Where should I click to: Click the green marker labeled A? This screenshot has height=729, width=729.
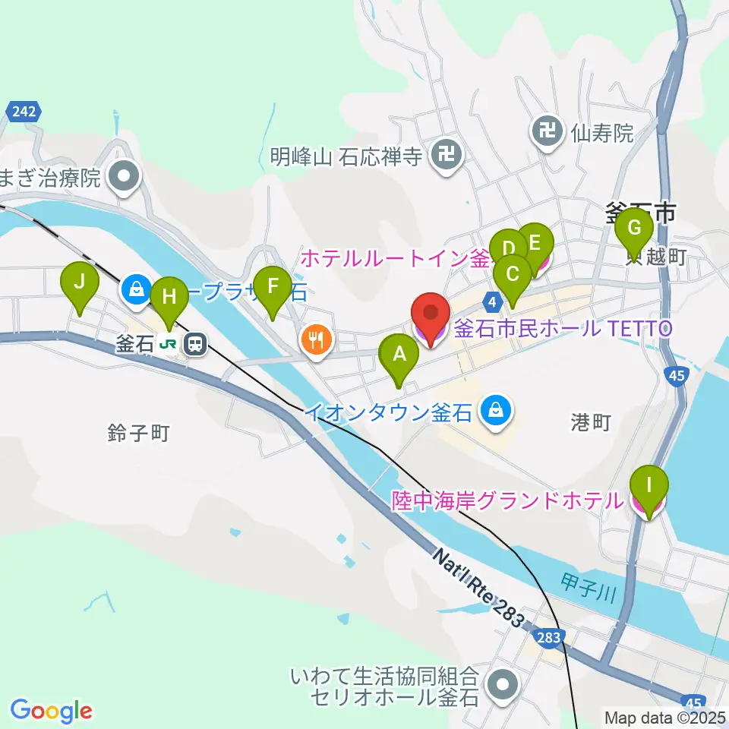tap(399, 355)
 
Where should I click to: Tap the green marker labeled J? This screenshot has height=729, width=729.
tap(79, 284)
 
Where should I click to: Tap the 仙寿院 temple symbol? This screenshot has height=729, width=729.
tap(547, 131)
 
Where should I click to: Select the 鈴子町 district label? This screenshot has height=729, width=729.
tap(138, 433)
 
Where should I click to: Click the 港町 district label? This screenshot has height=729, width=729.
tap(590, 423)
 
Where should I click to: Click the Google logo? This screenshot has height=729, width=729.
tap(51, 711)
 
